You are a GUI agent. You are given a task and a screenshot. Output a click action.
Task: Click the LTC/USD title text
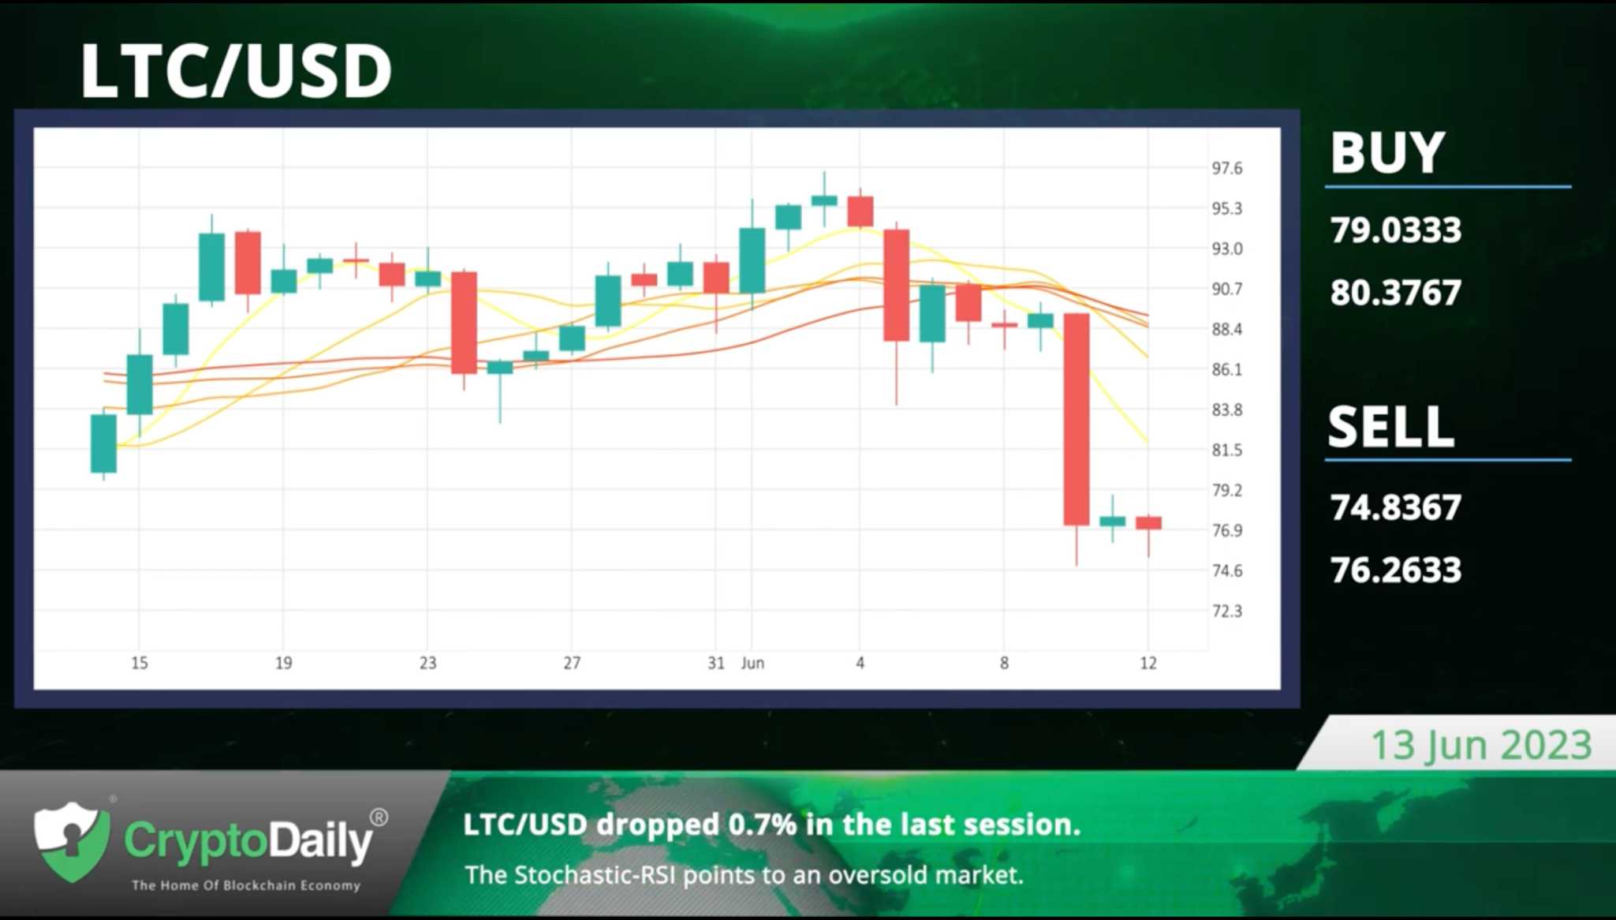click(236, 71)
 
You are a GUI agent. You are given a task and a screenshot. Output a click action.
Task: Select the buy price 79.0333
click(1396, 230)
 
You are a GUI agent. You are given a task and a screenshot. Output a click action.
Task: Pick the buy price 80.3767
click(1396, 293)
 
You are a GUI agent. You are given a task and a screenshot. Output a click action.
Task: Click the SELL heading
click(1391, 427)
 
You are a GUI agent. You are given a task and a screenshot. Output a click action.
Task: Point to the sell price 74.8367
click(1396, 507)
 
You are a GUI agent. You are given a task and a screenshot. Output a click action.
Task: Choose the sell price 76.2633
click(1396, 570)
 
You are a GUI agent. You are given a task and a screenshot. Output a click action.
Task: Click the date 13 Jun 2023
click(1481, 745)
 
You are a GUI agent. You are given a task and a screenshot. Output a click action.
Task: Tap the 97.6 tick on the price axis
click(1227, 168)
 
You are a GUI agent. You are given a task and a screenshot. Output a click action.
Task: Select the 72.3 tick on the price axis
click(1227, 611)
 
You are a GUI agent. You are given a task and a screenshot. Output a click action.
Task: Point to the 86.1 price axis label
click(1227, 369)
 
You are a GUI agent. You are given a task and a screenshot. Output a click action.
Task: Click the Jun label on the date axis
click(752, 663)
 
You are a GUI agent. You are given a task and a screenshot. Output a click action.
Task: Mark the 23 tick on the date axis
click(427, 663)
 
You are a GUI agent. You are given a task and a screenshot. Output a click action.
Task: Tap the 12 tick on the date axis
click(1148, 663)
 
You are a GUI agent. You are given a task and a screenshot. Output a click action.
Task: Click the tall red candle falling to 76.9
click(1077, 419)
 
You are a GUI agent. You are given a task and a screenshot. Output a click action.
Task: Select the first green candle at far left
click(103, 443)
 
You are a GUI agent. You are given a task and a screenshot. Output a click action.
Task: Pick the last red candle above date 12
click(1148, 522)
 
